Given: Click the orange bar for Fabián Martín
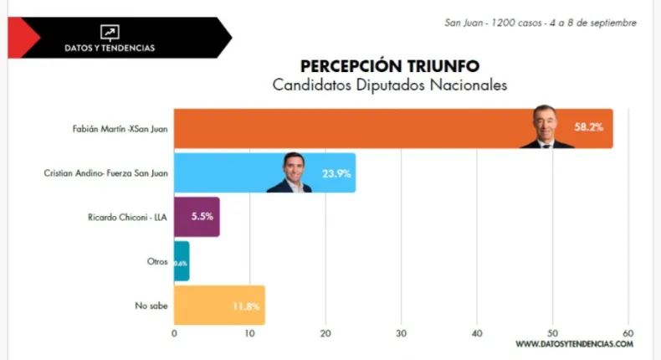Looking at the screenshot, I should coord(351,129).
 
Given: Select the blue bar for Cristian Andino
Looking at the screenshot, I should coord(226,173).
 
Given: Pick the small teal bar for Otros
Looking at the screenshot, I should coord(182,261).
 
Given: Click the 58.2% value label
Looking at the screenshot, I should coord(588,127).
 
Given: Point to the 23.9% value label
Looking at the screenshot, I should coord(336,173).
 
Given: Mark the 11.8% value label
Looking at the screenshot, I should coord(246,306).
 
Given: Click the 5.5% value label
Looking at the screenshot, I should coord(202,217).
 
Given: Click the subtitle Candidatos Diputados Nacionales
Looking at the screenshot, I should coord(390,85).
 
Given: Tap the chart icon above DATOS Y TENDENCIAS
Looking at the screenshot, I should coord(110,32).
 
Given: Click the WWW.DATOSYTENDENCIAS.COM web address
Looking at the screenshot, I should coord(574,344).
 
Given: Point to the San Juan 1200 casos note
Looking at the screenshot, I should coord(541,23).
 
